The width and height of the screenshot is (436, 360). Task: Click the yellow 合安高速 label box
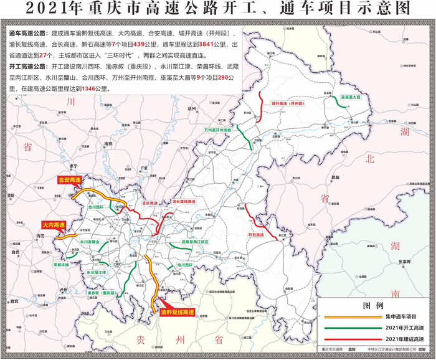69,180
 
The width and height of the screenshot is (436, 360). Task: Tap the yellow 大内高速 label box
53,225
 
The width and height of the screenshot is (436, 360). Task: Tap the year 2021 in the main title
48,9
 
